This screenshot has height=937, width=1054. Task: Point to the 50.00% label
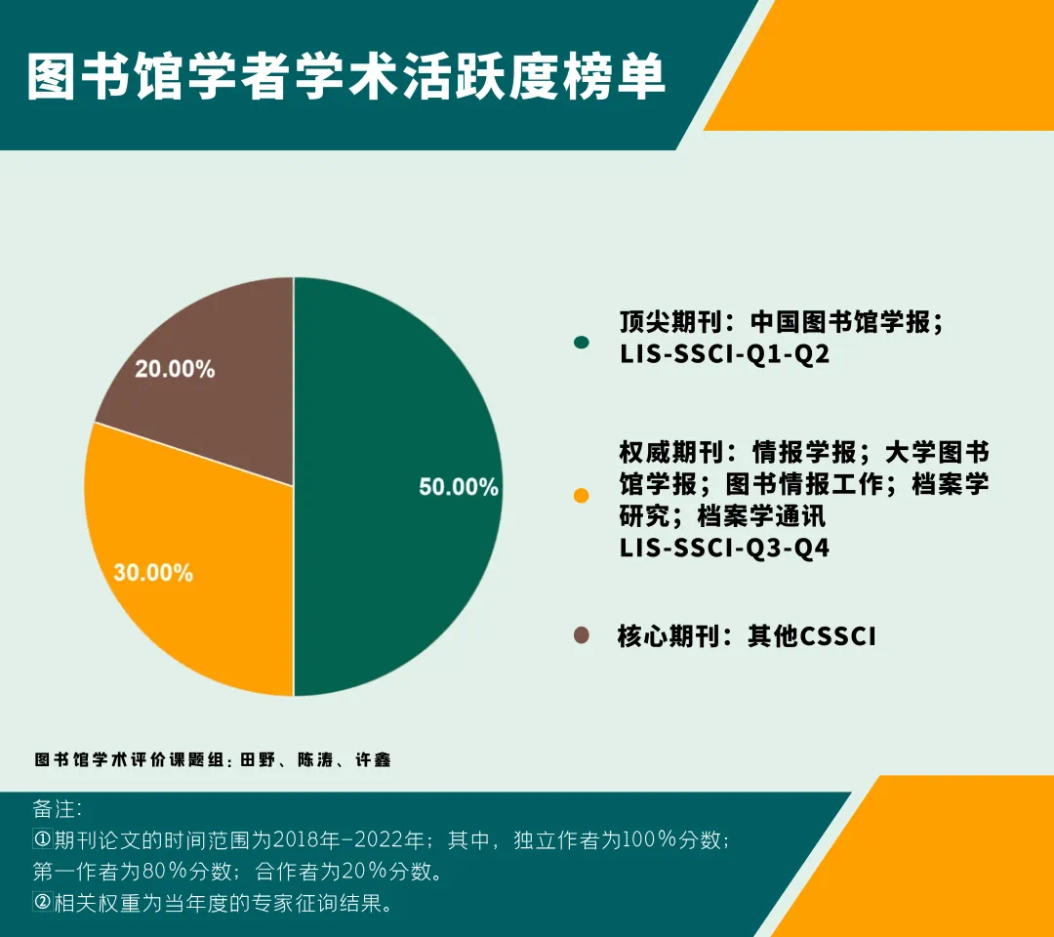459,487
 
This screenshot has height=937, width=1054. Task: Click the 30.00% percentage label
153,572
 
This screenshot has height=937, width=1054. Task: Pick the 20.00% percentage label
175,368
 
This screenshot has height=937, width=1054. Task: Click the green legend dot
582,343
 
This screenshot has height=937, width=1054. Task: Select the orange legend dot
582,496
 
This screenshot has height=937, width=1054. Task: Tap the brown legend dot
582,635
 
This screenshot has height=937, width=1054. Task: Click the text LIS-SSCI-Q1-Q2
724,353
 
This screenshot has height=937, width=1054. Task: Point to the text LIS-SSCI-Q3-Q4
724,548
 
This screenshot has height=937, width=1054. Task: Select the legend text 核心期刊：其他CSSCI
747,635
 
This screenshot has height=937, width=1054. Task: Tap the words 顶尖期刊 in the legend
670,322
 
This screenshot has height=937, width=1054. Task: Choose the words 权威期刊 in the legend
670,452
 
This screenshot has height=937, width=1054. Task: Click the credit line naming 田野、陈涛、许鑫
213,759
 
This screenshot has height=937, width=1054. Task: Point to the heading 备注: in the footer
58,808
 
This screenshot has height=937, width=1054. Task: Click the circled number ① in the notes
42,839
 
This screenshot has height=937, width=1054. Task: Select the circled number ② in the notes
42,902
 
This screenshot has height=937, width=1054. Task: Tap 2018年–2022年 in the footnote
348,839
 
